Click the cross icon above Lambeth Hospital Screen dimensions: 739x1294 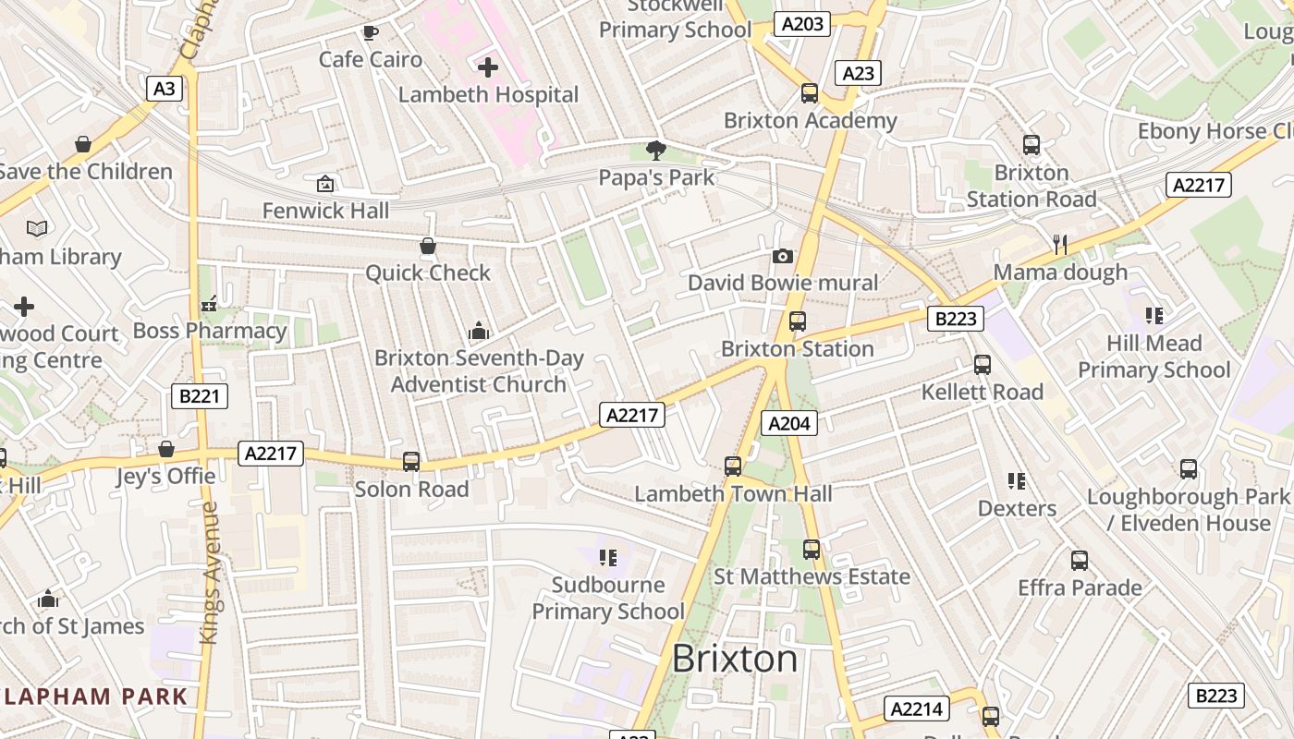pos(488,67)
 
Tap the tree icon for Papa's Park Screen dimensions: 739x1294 pos(656,150)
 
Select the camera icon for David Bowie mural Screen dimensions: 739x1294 pos(783,256)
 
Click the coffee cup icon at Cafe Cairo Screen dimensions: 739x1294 pos(370,33)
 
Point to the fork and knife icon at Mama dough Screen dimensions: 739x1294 pos(1060,245)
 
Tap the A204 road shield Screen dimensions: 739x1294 pos(789,423)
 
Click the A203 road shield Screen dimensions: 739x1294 pos(802,24)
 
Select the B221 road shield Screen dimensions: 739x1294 pos(200,396)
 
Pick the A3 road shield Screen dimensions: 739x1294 pos(164,89)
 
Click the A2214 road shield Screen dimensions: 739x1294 pos(917,709)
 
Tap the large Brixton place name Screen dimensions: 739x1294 pos(735,659)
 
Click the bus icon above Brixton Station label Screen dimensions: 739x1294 pos(797,321)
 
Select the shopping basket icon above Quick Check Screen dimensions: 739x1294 pos(428,246)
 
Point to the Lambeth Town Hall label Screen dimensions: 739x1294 pos(733,494)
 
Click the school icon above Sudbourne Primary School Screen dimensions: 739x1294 pos(608,557)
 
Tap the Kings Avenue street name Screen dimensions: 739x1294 pos(211,573)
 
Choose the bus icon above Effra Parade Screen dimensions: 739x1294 pos(1079,560)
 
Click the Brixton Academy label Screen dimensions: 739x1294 pos(810,120)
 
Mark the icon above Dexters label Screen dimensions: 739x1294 pos(1017,481)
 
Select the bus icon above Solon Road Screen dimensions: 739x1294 pos(411,462)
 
